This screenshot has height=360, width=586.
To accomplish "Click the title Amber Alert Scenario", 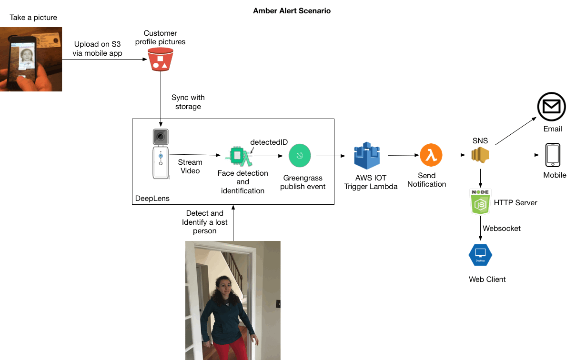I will (x=292, y=11).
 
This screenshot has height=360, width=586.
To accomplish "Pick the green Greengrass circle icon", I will (x=300, y=155).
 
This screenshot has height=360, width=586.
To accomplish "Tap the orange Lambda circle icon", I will (x=431, y=155).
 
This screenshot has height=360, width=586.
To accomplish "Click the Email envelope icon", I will (x=552, y=107).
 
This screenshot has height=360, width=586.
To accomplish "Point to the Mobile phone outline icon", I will (x=553, y=155).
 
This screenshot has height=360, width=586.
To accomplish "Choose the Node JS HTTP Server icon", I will (x=480, y=202).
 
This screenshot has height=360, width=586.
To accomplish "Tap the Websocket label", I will (x=502, y=229).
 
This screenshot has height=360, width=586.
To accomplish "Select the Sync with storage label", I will (x=188, y=102).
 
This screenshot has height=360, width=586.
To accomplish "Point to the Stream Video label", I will (x=190, y=166).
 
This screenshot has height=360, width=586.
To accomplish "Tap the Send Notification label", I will (x=426, y=180).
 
